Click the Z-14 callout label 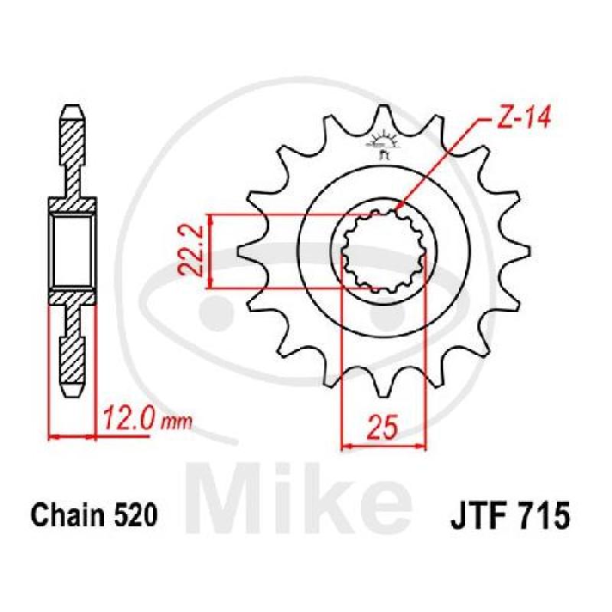point(522,117)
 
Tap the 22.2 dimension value point(190,251)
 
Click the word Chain point(68,515)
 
